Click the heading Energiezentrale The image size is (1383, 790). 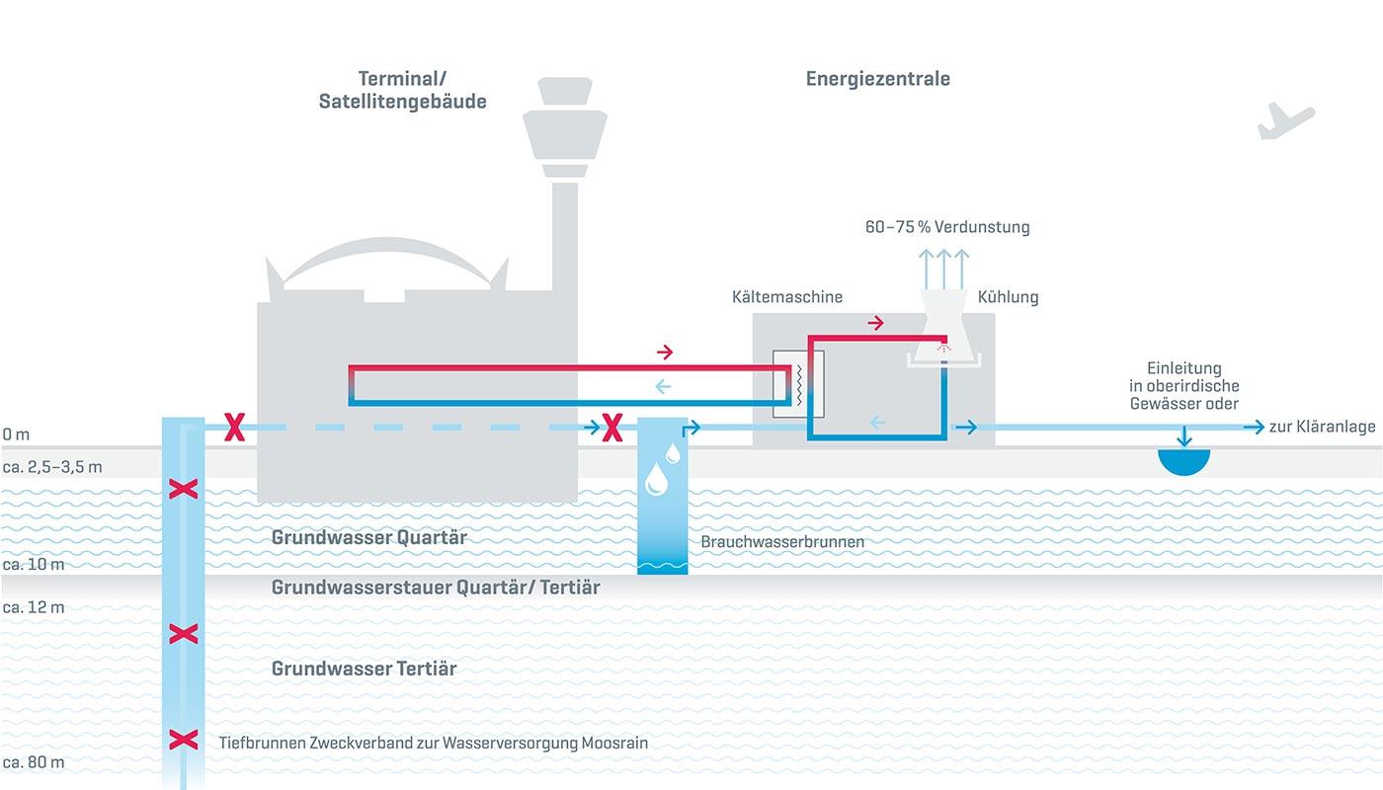877,79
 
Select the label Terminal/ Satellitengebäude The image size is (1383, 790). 402,90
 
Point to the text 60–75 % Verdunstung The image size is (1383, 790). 946,227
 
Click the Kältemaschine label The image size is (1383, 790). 786,297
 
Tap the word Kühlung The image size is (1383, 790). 1008,297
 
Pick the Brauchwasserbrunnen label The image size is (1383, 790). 782,542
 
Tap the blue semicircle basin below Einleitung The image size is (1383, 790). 1182,461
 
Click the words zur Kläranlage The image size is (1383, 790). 1322,428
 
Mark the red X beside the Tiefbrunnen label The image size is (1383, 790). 183,740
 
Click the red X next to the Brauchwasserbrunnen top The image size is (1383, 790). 612,428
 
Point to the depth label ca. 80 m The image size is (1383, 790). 34,762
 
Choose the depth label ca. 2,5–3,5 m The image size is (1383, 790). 51,466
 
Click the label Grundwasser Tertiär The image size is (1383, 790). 364,669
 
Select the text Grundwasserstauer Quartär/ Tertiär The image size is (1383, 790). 436,588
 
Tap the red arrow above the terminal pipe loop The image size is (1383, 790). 665,352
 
